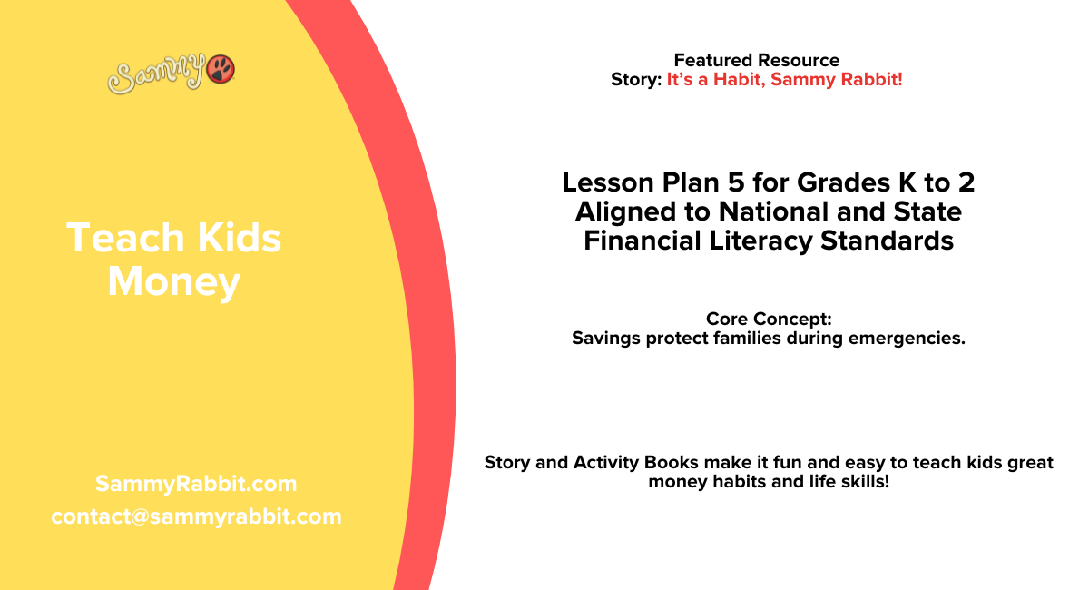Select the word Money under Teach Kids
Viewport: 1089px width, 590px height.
pos(173,282)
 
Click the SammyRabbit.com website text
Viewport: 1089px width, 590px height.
pos(196,484)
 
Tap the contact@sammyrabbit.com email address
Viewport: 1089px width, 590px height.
pos(196,516)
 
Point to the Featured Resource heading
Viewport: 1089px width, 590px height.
pos(756,61)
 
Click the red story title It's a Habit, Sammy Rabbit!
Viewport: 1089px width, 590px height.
pos(784,80)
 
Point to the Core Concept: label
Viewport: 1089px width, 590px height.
pos(769,320)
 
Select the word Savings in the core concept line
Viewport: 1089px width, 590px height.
pos(603,339)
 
